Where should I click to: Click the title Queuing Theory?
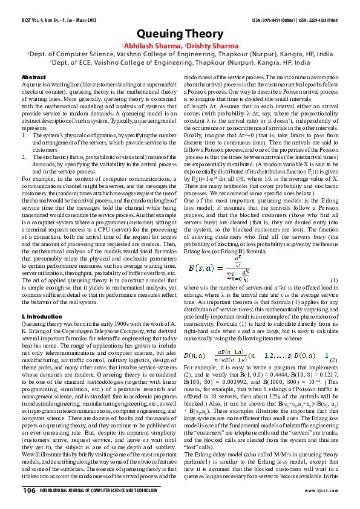pyautogui.click(x=180, y=33)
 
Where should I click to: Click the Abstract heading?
pyautogui.click(x=33, y=77)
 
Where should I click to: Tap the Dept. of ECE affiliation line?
pyautogui.click(x=180, y=62)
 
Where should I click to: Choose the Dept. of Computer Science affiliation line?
pyautogui.click(x=180, y=54)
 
